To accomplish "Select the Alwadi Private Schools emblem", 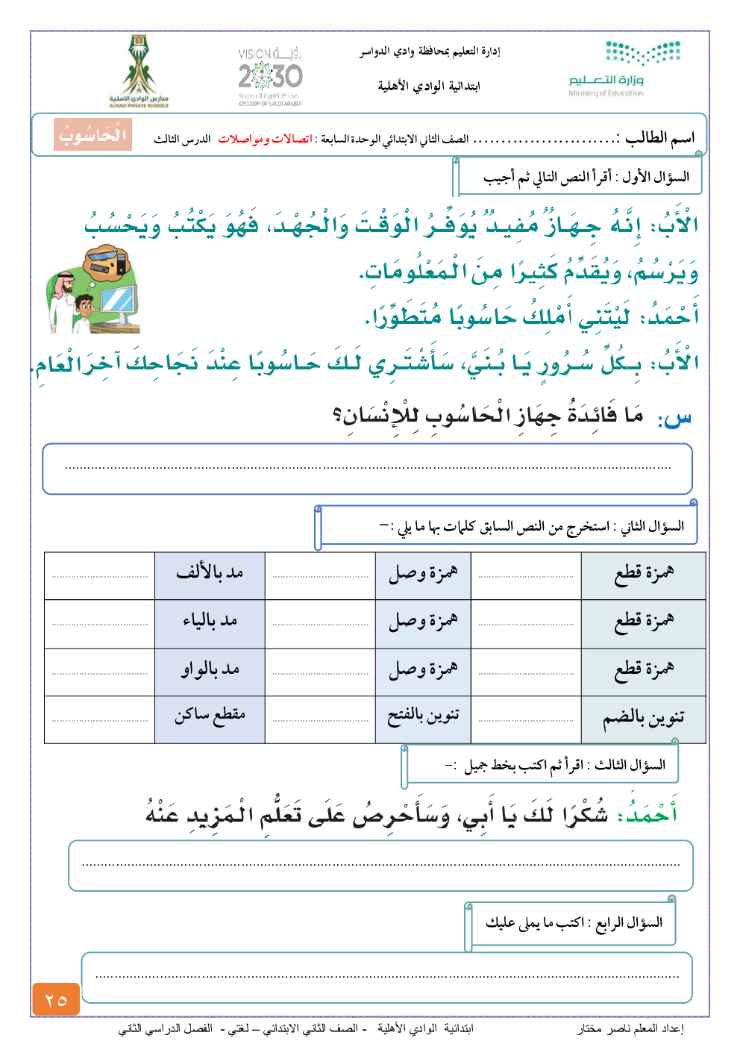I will click(x=139, y=72).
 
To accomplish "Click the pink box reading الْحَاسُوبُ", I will click(x=93, y=135).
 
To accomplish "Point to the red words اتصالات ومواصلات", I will click(x=265, y=139).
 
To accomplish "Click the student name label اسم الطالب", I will click(x=660, y=137).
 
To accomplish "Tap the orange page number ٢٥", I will click(x=56, y=999).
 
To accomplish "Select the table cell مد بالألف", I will click(x=210, y=573).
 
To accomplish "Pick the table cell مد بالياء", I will click(x=210, y=621).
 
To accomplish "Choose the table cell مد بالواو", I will click(x=210, y=669).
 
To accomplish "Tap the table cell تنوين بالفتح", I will click(x=423, y=716).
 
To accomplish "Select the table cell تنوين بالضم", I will click(x=643, y=718).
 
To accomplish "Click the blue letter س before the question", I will click(x=676, y=417).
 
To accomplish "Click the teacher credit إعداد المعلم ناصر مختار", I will click(x=630, y=1028).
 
